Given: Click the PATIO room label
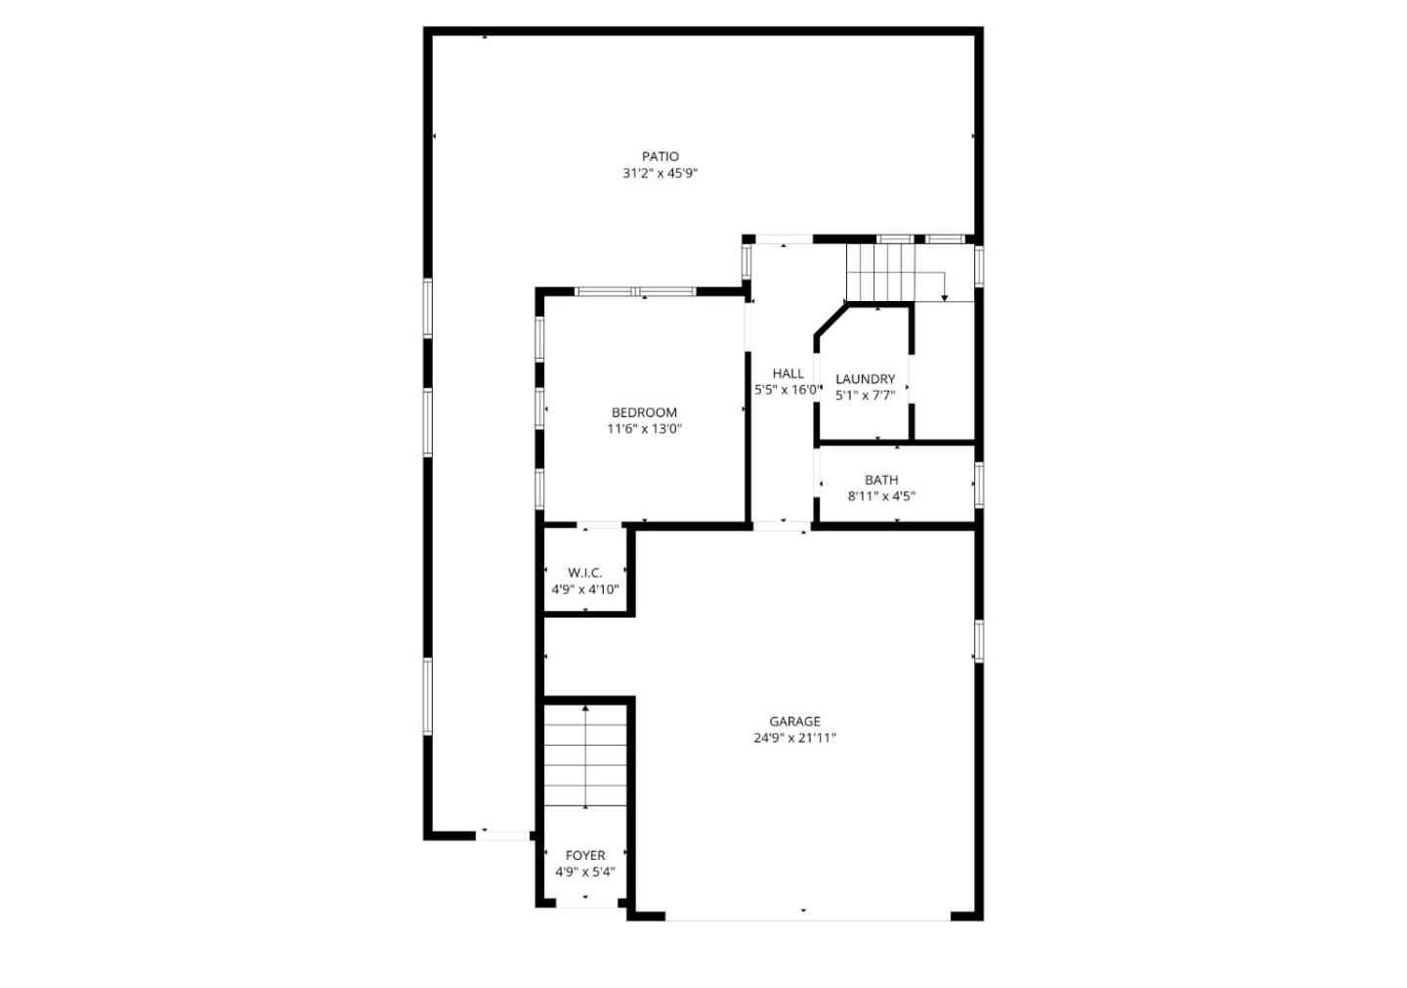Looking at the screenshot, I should pyautogui.click(x=661, y=156).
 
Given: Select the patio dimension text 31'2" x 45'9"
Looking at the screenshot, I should pyautogui.click(x=661, y=174).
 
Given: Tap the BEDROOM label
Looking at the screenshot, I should pyautogui.click(x=644, y=412).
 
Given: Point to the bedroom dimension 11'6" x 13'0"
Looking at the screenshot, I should pyautogui.click(x=644, y=429).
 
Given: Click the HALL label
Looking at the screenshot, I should pyautogui.click(x=788, y=373).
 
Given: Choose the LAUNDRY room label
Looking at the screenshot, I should pyautogui.click(x=865, y=379).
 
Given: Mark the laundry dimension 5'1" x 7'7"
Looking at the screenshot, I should pyautogui.click(x=865, y=396).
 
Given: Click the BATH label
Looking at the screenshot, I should pyautogui.click(x=881, y=480).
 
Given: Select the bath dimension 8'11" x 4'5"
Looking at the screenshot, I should pyautogui.click(x=881, y=496).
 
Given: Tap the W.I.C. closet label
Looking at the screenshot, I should pyautogui.click(x=584, y=573).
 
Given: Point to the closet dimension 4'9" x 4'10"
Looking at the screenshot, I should pyautogui.click(x=584, y=589).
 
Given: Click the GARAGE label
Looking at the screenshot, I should pyautogui.click(x=794, y=721).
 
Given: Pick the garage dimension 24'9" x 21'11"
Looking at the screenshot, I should pyautogui.click(x=794, y=738).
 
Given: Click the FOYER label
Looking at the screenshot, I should pyautogui.click(x=585, y=855).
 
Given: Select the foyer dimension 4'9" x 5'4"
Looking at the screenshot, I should pyautogui.click(x=585, y=872).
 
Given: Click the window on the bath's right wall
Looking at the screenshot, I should pyautogui.click(x=978, y=485).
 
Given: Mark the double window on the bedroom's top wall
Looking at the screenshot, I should pyautogui.click(x=635, y=291).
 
